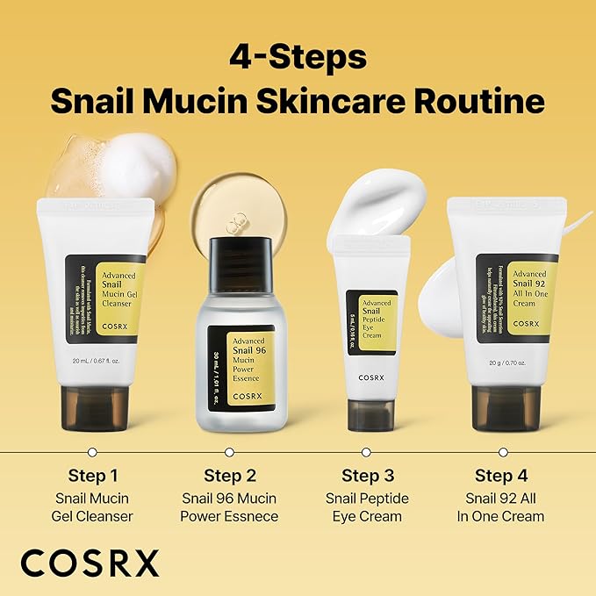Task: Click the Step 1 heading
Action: click(x=92, y=476)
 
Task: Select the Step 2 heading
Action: click(x=229, y=476)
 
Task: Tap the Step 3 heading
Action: click(x=367, y=476)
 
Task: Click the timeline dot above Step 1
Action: click(x=92, y=452)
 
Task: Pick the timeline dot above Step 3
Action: click(x=367, y=452)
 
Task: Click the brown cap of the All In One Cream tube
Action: click(x=505, y=408)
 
